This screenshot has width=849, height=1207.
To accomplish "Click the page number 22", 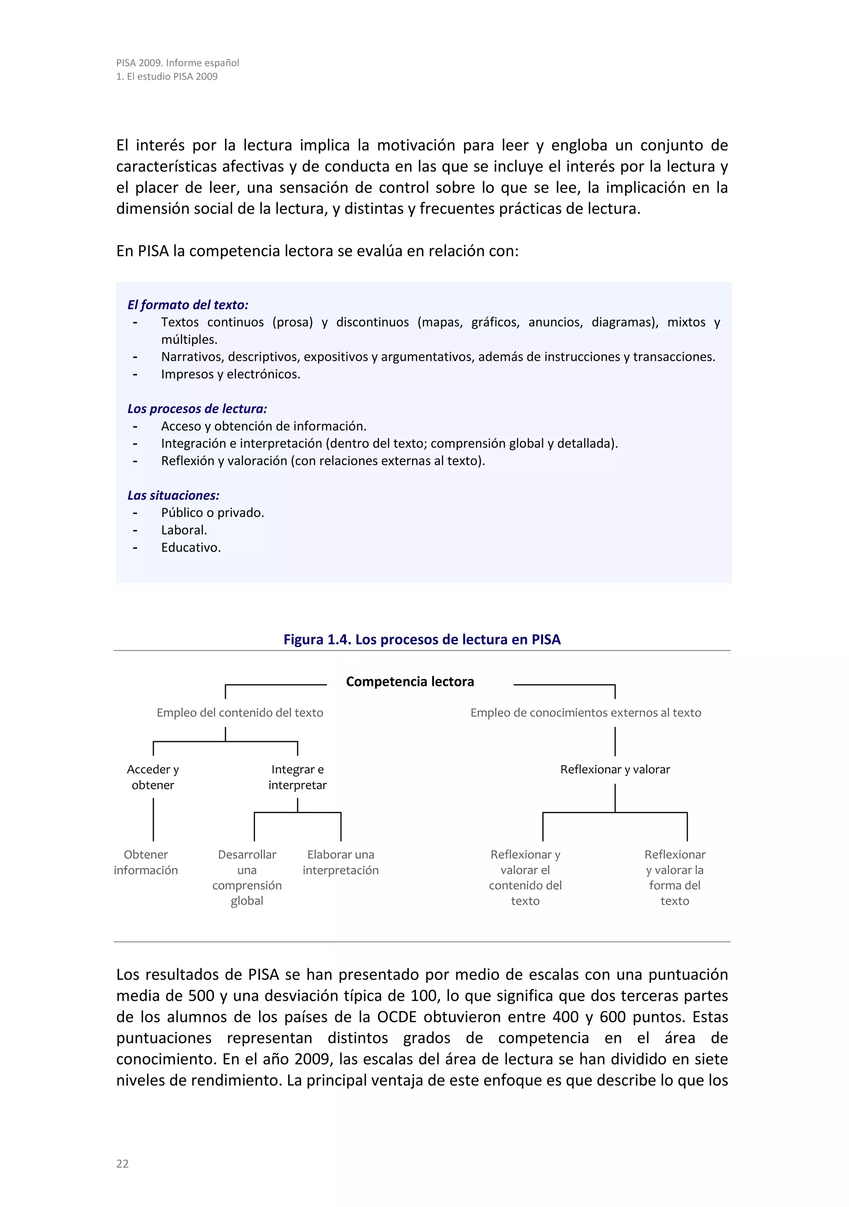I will (x=122, y=1163).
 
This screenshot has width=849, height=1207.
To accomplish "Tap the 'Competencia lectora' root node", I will (x=410, y=681).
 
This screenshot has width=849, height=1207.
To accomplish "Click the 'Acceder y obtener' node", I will (x=153, y=777).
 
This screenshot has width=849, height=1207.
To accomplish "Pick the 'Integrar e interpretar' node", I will (x=297, y=777).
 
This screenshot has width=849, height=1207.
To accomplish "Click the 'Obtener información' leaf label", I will (x=146, y=862).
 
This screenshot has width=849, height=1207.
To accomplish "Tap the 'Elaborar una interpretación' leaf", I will (x=340, y=862).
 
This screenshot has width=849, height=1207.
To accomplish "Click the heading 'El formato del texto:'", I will (x=187, y=305).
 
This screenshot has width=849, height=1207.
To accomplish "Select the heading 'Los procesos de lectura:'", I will (x=197, y=409).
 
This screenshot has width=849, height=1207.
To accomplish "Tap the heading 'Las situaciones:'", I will (x=173, y=495).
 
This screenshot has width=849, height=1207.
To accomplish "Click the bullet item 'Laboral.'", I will (x=184, y=530).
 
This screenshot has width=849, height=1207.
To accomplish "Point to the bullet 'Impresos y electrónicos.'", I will (x=230, y=374).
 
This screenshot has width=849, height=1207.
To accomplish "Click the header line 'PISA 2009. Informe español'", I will (x=177, y=63).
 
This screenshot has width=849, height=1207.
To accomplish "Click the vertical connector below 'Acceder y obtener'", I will (x=153, y=819).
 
